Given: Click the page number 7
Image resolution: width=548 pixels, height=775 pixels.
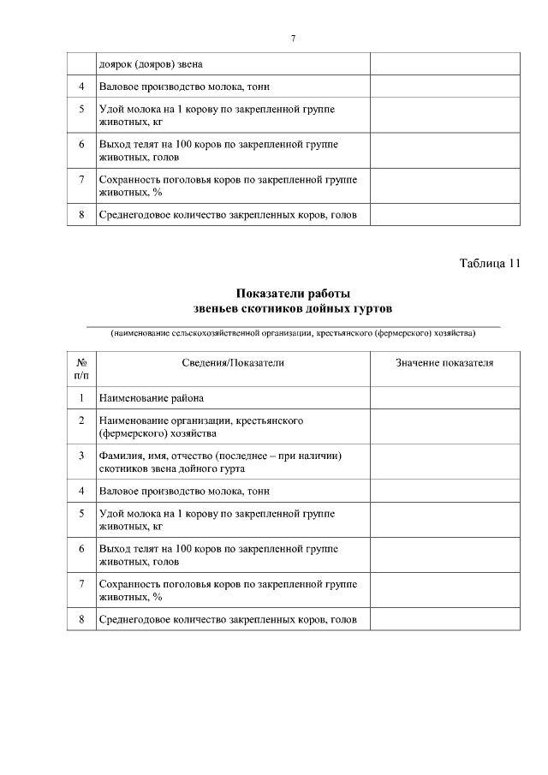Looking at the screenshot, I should pyautogui.click(x=293, y=39).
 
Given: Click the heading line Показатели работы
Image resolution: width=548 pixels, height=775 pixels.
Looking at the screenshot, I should pyautogui.click(x=293, y=294).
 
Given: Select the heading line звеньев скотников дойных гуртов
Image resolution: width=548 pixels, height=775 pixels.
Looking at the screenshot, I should pyautogui.click(x=293, y=307).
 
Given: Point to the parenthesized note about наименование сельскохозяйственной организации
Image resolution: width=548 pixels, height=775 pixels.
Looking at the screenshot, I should pyautogui.click(x=293, y=332).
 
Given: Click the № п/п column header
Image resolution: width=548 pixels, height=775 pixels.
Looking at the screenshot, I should pyautogui.click(x=81, y=368).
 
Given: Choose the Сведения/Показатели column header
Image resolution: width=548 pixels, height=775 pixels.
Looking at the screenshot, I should pyautogui.click(x=233, y=363).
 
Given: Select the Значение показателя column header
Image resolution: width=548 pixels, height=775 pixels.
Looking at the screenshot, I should pyautogui.click(x=444, y=363).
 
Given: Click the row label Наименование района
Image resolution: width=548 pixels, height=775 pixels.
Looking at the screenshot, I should pyautogui.click(x=152, y=398).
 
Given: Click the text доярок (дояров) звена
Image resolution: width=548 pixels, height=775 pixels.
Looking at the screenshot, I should pyautogui.click(x=152, y=64).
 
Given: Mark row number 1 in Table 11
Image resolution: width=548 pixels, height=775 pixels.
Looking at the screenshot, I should pyautogui.click(x=81, y=398).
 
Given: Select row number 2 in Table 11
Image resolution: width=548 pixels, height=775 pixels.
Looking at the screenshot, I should pyautogui.click(x=81, y=420).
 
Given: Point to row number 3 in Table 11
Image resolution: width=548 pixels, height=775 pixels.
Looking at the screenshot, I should pyautogui.click(x=81, y=456).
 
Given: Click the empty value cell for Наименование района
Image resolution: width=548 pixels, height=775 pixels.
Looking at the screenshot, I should pyautogui.click(x=444, y=398).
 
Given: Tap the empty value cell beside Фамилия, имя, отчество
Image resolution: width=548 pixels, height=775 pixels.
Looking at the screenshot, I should pyautogui.click(x=444, y=462).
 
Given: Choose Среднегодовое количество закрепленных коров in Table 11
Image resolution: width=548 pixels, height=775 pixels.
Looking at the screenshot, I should pyautogui.click(x=228, y=620).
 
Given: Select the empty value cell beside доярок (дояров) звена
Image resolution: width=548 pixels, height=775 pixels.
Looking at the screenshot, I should pyautogui.click(x=444, y=64).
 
